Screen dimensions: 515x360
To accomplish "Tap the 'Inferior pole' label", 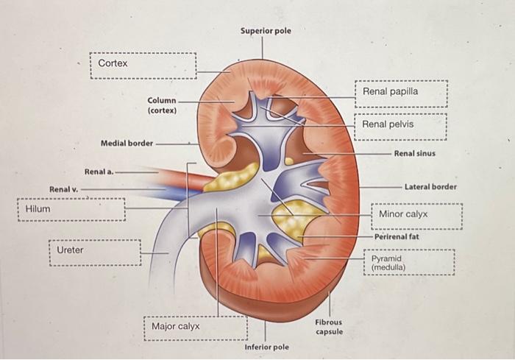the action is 266,346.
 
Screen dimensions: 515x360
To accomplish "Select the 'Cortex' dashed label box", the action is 143,65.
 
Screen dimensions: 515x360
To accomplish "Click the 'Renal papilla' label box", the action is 401,93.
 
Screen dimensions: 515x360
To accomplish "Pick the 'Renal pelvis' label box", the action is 401,125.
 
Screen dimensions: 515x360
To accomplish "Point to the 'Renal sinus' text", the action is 414,153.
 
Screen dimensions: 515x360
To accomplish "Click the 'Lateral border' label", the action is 430,187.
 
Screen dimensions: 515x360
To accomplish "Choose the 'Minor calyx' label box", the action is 416,215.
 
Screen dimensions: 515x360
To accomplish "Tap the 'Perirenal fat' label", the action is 397,237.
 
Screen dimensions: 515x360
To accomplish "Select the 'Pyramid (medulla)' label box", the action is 412,263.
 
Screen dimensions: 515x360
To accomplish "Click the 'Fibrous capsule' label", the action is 329,327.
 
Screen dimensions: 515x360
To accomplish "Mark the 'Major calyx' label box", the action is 196,327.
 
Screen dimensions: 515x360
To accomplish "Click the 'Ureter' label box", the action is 94,251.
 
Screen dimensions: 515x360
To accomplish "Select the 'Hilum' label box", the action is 71,210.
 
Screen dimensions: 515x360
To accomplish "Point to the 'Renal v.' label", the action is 63,189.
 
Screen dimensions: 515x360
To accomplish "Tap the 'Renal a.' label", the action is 99,171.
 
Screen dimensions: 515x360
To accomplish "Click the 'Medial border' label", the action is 126,143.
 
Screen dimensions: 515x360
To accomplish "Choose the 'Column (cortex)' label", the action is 161,105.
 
